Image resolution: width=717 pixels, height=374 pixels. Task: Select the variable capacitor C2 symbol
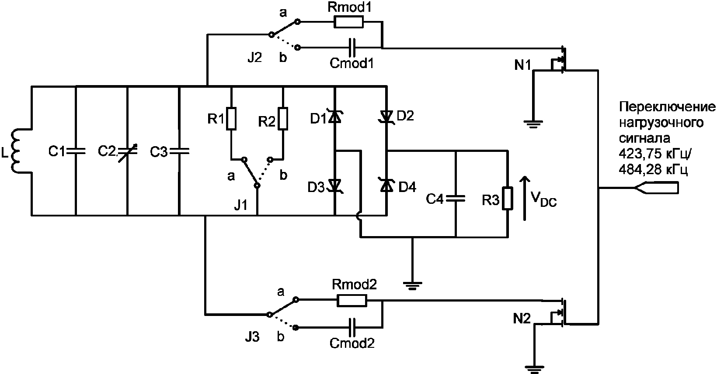click(127, 151)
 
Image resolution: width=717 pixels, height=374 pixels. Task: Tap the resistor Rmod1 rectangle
click(348, 22)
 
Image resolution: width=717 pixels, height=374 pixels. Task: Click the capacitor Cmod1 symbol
click(352, 48)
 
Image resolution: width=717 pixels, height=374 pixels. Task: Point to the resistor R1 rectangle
click(231, 119)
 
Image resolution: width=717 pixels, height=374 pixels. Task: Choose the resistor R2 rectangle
click(283, 119)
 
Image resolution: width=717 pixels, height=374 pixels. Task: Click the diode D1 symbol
click(335, 117)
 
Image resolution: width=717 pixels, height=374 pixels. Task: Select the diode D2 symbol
click(386, 117)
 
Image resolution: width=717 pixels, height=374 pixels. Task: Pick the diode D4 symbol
click(386, 185)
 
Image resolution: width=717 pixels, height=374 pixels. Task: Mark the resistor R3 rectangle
click(507, 198)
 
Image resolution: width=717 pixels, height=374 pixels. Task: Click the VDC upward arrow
click(524, 198)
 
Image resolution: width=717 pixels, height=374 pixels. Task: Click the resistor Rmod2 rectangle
click(352, 301)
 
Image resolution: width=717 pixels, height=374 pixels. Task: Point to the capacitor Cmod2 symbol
click(352, 327)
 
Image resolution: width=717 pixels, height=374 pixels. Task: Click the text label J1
click(241, 206)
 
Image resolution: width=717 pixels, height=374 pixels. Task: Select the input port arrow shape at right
click(656, 188)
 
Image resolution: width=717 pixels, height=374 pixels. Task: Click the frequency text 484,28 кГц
click(653, 169)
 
